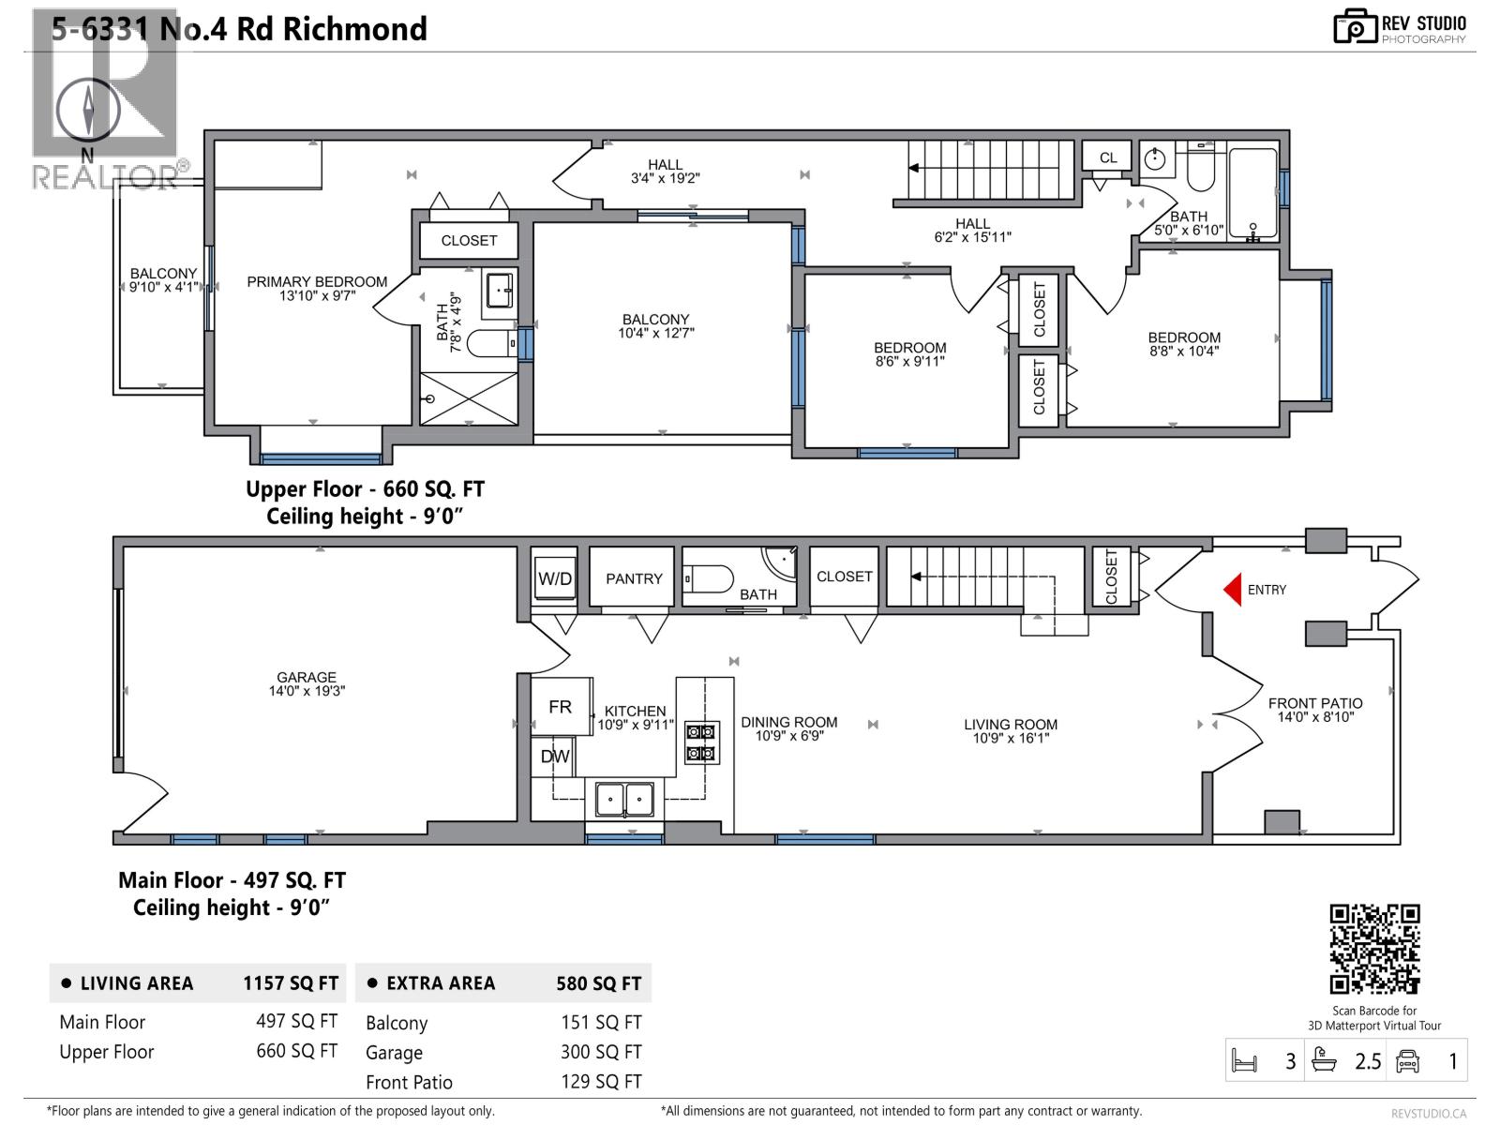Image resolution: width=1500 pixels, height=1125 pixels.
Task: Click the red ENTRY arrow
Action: pyautogui.click(x=1232, y=590)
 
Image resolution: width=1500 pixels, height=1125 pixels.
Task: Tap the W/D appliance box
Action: pyautogui.click(x=555, y=578)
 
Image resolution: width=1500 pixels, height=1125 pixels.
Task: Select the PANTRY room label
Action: pyautogui.click(x=634, y=578)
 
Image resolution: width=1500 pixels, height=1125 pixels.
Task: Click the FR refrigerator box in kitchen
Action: pyautogui.click(x=561, y=707)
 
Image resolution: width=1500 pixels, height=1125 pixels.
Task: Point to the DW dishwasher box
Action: pyautogui.click(x=555, y=756)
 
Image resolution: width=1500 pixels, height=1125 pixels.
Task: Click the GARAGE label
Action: pyautogui.click(x=307, y=677)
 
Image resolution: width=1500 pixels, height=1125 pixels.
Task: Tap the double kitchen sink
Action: pyautogui.click(x=624, y=800)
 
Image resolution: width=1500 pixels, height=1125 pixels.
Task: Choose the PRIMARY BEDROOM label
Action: pyautogui.click(x=317, y=281)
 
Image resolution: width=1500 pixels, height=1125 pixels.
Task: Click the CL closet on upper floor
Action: pyautogui.click(x=1108, y=157)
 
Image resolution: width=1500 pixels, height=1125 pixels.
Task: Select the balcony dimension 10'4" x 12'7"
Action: pyautogui.click(x=655, y=333)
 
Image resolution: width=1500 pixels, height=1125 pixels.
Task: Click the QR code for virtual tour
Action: pyautogui.click(x=1375, y=949)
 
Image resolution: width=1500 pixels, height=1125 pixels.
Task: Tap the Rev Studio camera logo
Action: pyautogui.click(x=1354, y=26)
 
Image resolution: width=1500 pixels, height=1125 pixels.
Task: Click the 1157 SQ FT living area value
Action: pyautogui.click(x=291, y=983)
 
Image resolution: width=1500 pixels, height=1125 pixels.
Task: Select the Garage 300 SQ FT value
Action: pyautogui.click(x=601, y=1052)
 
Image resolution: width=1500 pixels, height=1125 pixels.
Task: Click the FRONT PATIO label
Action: pyautogui.click(x=1315, y=703)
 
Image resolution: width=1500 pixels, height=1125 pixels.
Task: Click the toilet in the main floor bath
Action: pyautogui.click(x=710, y=579)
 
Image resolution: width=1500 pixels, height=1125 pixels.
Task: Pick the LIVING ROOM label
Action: pyautogui.click(x=1011, y=724)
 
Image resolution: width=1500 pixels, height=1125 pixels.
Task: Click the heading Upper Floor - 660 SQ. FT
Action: pyautogui.click(x=365, y=489)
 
